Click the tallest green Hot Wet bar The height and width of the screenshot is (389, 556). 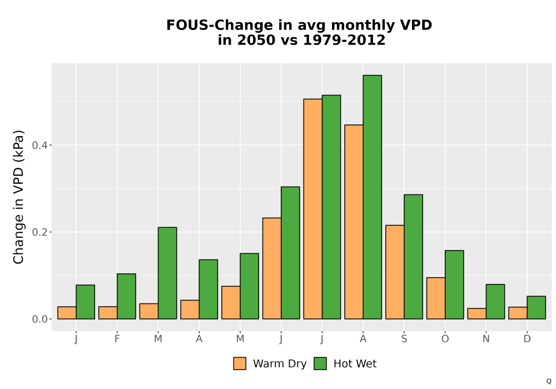click(x=373, y=197)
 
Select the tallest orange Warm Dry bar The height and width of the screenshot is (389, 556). click(x=312, y=209)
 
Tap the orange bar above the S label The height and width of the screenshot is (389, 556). click(x=395, y=272)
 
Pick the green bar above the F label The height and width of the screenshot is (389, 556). click(x=126, y=296)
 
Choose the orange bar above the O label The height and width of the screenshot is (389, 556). click(x=436, y=298)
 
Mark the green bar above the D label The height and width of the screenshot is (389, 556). click(x=536, y=307)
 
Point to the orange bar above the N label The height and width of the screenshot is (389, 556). click(x=476, y=313)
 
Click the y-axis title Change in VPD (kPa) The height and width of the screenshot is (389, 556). click(x=18, y=197)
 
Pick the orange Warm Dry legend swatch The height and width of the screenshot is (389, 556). click(x=240, y=363)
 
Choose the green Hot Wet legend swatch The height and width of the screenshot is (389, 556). click(x=320, y=363)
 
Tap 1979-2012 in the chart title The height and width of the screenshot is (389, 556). click(x=344, y=40)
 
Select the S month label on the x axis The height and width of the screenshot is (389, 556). click(x=404, y=339)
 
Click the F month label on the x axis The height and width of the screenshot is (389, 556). click(x=117, y=339)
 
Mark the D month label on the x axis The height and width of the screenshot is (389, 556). click(x=527, y=339)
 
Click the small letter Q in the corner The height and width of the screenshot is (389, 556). click(x=549, y=381)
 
